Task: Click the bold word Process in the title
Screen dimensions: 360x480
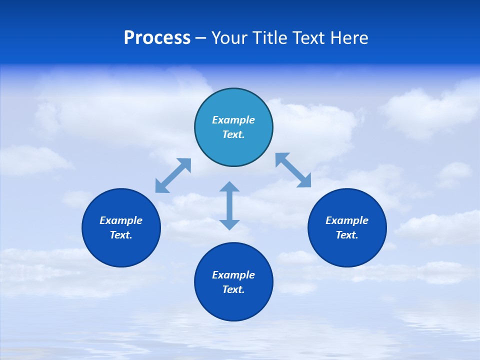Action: (x=157, y=38)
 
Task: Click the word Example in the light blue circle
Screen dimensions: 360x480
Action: (x=233, y=120)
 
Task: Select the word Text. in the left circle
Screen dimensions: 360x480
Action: (x=121, y=235)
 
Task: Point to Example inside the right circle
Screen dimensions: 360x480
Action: (x=347, y=220)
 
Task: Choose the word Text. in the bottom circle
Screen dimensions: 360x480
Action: (x=233, y=289)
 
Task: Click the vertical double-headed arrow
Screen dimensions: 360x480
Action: (x=229, y=205)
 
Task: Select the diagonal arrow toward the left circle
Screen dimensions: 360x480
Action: (x=173, y=175)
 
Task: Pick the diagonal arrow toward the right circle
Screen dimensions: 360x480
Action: (x=293, y=170)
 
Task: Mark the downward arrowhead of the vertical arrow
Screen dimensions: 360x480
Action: (x=229, y=224)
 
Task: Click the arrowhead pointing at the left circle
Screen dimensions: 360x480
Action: (x=161, y=187)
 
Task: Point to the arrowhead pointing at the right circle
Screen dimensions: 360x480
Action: (x=304, y=181)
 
